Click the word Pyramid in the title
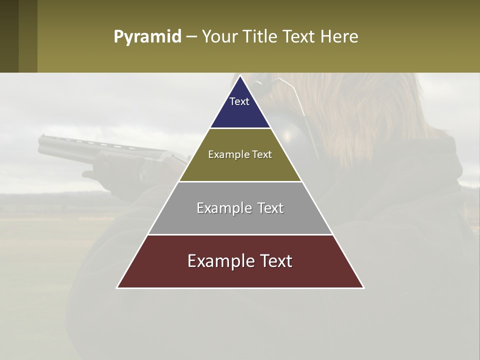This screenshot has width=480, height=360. (147, 37)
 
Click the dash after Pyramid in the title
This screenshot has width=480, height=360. (191, 37)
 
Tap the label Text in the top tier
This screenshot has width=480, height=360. (239, 101)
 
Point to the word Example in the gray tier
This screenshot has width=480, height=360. (218, 208)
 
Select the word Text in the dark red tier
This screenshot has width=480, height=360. (272, 261)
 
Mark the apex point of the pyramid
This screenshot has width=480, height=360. (240, 76)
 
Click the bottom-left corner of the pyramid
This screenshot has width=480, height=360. (117, 288)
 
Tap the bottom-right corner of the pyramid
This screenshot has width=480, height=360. (363, 288)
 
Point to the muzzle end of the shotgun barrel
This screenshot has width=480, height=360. (40, 142)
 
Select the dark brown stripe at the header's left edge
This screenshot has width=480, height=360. (9, 36)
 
